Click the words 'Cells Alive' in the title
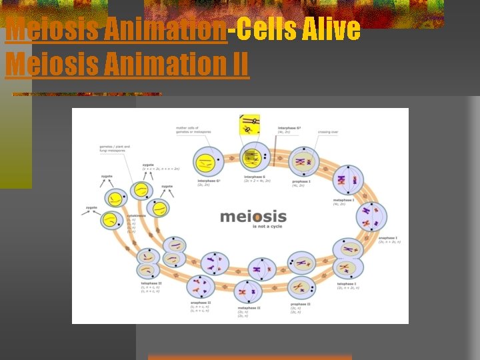[x=298, y=29]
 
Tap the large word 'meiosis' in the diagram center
[x=253, y=217]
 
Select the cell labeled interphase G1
[x=208, y=162]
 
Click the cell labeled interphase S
[x=254, y=157]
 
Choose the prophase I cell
[x=303, y=161]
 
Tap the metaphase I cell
[x=348, y=180]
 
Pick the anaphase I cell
[x=371, y=217]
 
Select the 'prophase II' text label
[x=300, y=303]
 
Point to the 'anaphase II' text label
[x=201, y=303]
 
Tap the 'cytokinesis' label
[x=136, y=215]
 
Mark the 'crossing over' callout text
[x=327, y=132]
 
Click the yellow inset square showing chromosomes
[x=249, y=124]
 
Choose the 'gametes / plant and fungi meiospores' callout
[x=114, y=148]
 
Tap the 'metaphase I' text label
[x=344, y=200]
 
